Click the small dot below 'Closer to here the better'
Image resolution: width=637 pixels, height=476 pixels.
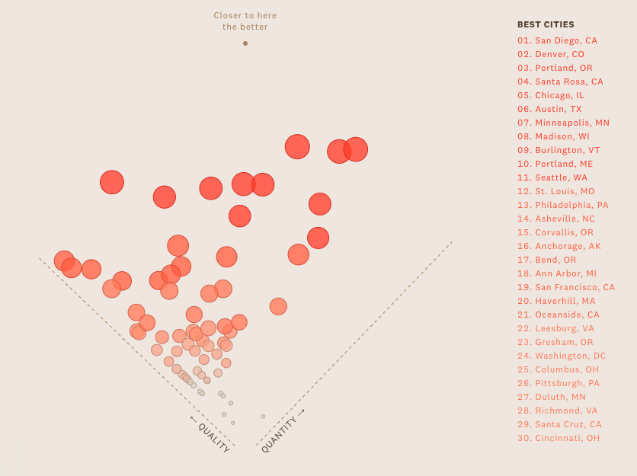(x=245, y=43)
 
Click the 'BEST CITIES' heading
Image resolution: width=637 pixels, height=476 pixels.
(x=546, y=24)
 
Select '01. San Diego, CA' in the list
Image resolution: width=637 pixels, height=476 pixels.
(x=557, y=40)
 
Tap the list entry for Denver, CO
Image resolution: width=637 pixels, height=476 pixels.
(x=551, y=54)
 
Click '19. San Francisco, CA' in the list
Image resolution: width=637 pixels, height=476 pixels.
(x=566, y=287)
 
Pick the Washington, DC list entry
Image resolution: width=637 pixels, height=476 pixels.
(x=562, y=356)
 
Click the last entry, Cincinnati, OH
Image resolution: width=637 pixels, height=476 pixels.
(x=559, y=438)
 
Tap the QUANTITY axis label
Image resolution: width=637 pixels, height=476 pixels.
(x=282, y=431)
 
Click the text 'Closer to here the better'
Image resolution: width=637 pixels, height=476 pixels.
(x=245, y=21)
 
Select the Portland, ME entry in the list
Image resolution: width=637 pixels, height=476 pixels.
(x=555, y=164)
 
